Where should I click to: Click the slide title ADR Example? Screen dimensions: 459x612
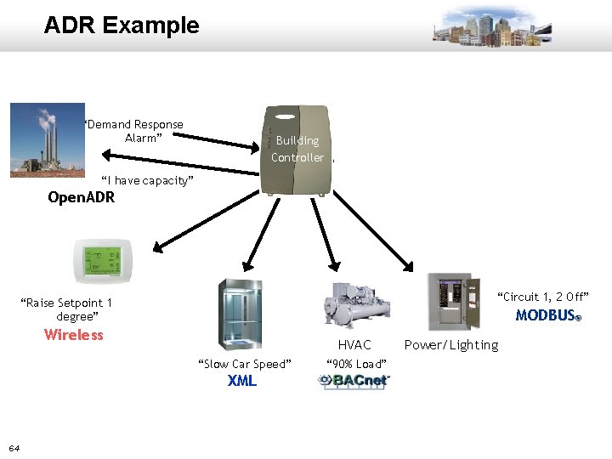(122, 25)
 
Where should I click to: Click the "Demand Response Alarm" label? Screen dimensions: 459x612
(134, 131)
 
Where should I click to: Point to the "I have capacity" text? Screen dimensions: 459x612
(148, 181)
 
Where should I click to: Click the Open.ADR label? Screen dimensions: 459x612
(81, 198)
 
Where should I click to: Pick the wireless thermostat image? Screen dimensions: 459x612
(102, 259)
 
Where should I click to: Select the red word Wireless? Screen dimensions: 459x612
(74, 335)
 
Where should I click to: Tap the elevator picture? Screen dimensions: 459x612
(240, 314)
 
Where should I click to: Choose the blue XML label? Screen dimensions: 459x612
(242, 381)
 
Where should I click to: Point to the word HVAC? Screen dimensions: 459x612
(354, 345)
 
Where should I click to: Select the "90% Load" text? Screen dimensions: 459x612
(357, 365)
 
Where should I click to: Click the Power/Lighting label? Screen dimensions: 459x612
(451, 345)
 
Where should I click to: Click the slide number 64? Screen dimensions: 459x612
(14, 448)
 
